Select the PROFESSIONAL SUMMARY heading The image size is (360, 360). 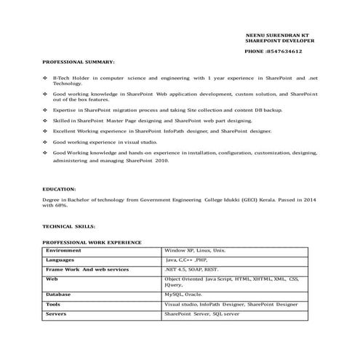(78, 62)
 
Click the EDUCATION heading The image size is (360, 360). (60, 188)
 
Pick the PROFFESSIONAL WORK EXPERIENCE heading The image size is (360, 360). (92, 241)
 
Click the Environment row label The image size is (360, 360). (63, 250)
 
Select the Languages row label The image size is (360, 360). (60, 260)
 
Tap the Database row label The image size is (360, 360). (58, 295)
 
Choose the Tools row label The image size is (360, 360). (53, 304)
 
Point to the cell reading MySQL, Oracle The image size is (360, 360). (183, 295)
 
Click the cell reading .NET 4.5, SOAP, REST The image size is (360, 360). (191, 269)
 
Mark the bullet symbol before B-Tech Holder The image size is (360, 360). (46, 76)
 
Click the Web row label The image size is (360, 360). (52, 279)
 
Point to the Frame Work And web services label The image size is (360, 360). (87, 269)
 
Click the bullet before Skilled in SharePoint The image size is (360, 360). (46, 121)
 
